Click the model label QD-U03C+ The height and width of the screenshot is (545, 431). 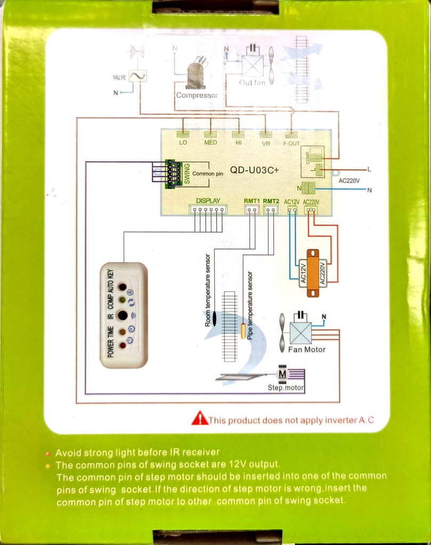(255, 171)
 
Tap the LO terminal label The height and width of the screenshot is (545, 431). (183, 143)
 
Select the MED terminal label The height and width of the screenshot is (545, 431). (210, 143)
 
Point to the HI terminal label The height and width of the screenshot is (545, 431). (239, 143)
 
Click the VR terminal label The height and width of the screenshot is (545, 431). (266, 144)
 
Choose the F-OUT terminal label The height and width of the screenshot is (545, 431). (291, 144)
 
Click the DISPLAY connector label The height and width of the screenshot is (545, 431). (208, 201)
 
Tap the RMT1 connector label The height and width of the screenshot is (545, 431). (251, 201)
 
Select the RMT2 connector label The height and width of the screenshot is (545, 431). (271, 201)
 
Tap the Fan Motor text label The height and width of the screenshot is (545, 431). (306, 350)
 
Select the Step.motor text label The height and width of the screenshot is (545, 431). (286, 388)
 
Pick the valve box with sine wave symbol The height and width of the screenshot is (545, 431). (137, 77)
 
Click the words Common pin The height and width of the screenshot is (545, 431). (207, 174)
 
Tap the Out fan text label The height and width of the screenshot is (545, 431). (252, 83)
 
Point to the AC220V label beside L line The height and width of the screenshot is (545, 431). (349, 181)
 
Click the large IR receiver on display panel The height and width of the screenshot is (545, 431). (123, 315)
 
